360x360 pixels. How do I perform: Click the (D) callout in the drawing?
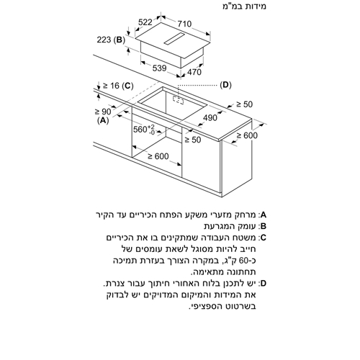coord(226,85)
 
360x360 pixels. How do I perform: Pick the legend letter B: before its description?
coord(262,226)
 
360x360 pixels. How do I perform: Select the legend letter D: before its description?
coord(262,284)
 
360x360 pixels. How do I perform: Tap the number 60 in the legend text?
coord(245,261)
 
